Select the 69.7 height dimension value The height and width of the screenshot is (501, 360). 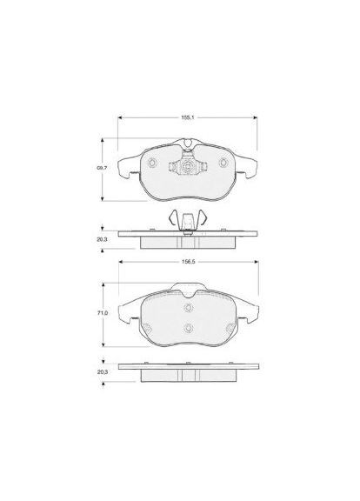click(102, 169)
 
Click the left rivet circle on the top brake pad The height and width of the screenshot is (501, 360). click(152, 163)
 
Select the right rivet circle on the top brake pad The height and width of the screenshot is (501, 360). click(224, 163)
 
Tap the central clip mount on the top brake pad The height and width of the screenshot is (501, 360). click(188, 164)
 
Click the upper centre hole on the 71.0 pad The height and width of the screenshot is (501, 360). click(188, 305)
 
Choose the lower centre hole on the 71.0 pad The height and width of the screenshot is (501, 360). click(188, 327)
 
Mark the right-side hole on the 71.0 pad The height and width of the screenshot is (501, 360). click(229, 329)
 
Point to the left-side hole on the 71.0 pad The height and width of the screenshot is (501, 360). click(147, 329)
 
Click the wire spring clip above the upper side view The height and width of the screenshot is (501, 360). click(188, 220)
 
